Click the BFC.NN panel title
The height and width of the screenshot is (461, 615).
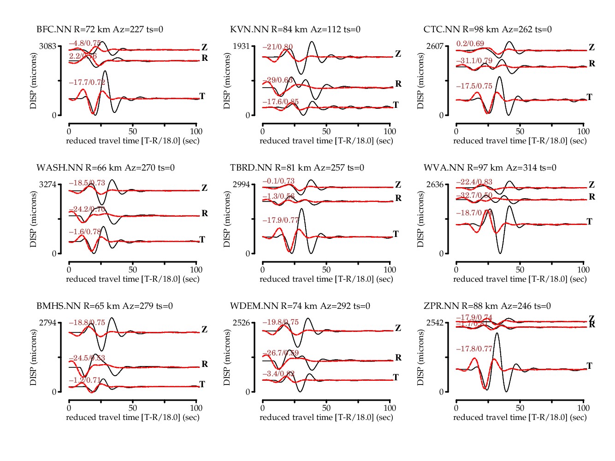coord(100,30)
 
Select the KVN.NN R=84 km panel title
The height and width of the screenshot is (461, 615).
coord(295,30)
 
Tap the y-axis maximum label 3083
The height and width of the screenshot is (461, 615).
coord(48,46)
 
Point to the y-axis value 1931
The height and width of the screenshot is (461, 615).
coord(242,46)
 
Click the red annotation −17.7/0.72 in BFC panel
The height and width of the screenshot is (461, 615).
coord(87,83)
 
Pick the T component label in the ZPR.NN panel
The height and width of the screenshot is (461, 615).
coord(589,366)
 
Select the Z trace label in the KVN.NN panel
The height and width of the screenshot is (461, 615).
coord(398,54)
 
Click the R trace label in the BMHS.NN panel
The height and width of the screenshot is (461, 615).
coord(205,364)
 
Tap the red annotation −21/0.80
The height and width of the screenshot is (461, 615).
coord(278,47)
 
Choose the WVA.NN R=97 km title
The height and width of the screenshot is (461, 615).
coord(490,168)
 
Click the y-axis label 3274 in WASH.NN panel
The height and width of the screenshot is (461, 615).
coord(48,184)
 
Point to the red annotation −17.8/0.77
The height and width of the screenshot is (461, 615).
coord(474,349)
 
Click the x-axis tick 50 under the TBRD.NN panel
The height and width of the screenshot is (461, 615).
coord(326,270)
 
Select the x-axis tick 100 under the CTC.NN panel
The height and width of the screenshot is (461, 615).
coord(583,131)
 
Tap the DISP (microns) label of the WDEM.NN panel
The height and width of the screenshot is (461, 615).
coord(227,357)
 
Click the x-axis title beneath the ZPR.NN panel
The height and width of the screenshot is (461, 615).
coord(520,417)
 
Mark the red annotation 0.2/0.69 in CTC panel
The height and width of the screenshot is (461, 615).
coord(470,44)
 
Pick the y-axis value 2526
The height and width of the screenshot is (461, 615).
coord(242,323)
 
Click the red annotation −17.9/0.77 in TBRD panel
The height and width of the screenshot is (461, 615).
coord(281,220)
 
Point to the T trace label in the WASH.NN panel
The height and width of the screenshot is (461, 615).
coord(202,240)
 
